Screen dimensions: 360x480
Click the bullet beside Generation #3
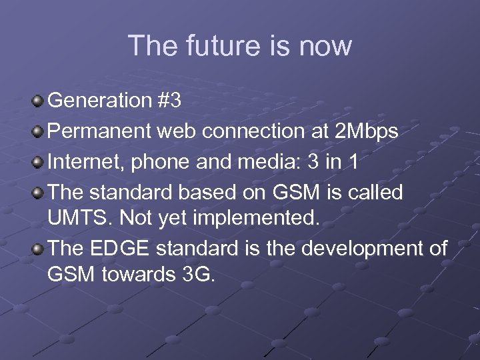[39, 101]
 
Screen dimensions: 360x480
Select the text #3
[169, 101]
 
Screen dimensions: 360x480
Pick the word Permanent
[101, 132]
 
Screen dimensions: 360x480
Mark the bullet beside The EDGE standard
[39, 249]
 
